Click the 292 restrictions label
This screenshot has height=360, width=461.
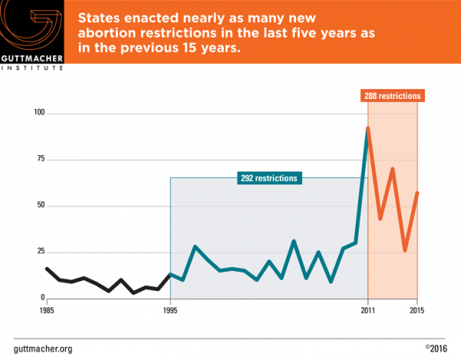coord(269,178)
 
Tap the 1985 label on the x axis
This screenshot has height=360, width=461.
coord(47,310)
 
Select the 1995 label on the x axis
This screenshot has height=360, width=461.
coord(171,310)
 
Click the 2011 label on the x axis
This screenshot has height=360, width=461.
coord(368,310)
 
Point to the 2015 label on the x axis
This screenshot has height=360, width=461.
coord(417,310)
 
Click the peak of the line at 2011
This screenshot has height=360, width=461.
coord(368,128)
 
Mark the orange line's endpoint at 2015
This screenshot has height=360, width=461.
coord(417,193)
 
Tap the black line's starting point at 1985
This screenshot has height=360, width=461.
coord(47,269)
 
